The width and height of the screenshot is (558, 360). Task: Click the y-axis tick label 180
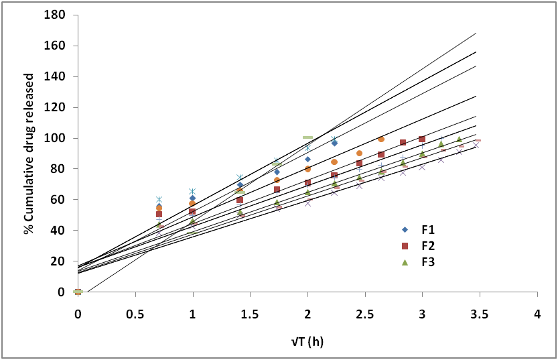(x=56, y=15)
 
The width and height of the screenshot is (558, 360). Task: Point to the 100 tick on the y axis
(x=56, y=138)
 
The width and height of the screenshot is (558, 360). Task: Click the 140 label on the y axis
(x=56, y=77)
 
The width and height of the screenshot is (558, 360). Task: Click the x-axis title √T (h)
(x=307, y=342)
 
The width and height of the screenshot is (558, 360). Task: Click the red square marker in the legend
(x=404, y=245)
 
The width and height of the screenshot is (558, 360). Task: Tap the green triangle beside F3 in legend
(x=404, y=262)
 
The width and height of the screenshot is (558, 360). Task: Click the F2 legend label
(x=427, y=245)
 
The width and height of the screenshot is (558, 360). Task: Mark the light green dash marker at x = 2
(x=308, y=137)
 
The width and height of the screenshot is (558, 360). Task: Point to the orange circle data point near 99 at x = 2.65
(x=381, y=139)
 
